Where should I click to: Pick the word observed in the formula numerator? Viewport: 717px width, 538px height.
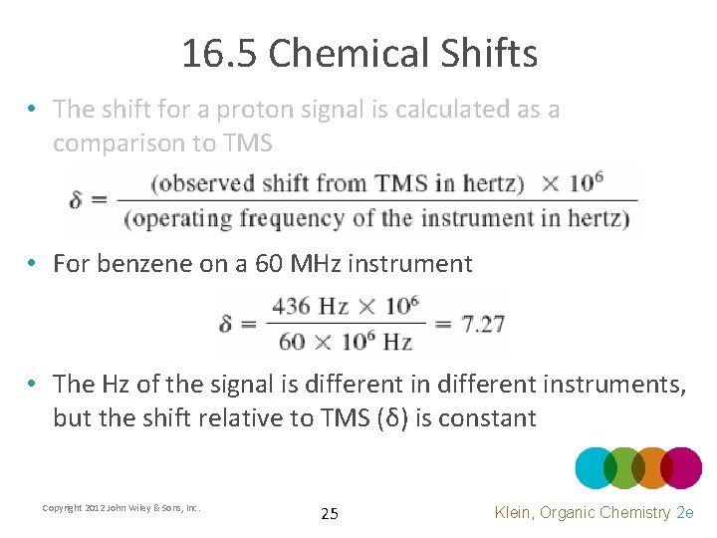198,184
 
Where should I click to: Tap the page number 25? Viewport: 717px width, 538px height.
330,514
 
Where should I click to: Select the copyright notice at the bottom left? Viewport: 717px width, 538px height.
121,508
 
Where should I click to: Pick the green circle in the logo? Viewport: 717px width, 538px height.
624,468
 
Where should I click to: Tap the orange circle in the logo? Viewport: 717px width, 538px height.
652,468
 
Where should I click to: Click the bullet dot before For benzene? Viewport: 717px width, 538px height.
33,264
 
